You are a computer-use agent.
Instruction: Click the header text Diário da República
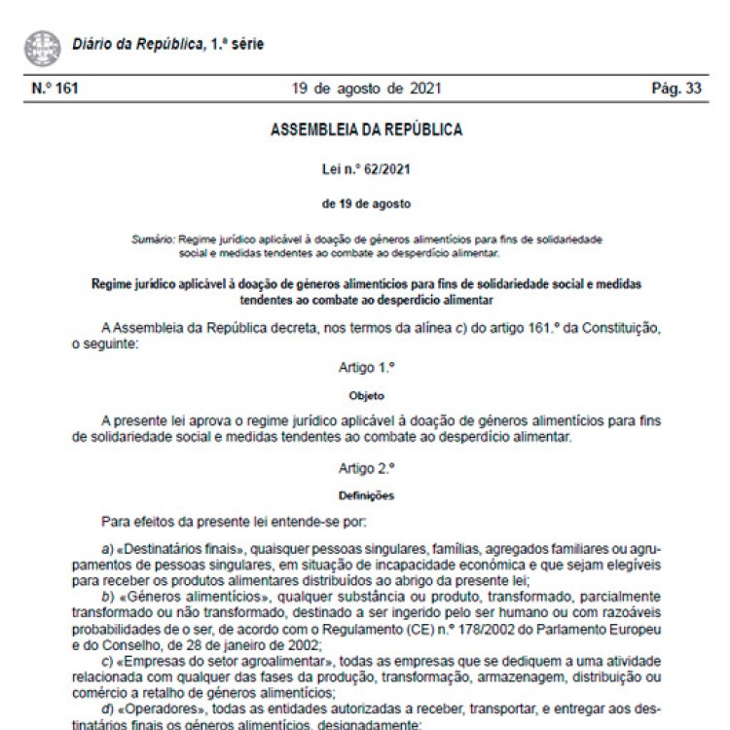(x=135, y=45)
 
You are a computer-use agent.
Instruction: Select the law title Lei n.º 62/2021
(x=366, y=168)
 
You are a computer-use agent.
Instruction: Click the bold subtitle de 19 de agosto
(x=366, y=203)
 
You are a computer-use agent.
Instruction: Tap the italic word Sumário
(x=153, y=238)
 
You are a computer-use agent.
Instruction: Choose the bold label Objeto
(x=366, y=397)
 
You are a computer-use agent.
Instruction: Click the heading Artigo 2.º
(x=366, y=468)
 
